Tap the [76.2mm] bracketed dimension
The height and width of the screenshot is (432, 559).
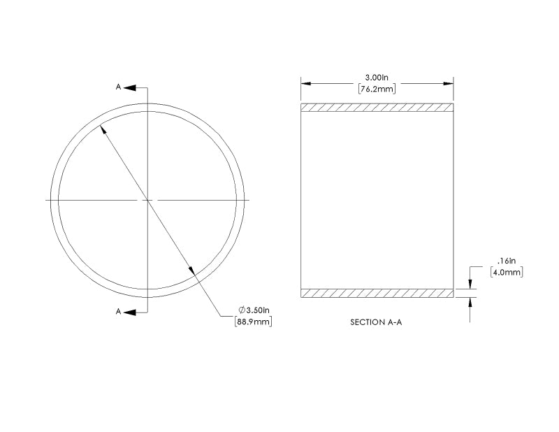click(377, 89)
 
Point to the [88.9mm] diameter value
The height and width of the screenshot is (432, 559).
click(252, 322)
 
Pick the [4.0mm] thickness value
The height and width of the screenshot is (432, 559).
click(507, 272)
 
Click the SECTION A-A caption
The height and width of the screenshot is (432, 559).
click(377, 324)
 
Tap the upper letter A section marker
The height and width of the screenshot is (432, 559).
click(119, 87)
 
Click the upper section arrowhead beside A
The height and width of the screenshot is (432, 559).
click(131, 87)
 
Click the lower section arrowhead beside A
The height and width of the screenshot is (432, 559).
click(131, 311)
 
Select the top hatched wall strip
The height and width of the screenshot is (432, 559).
click(377, 108)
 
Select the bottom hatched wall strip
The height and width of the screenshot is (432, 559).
click(377, 293)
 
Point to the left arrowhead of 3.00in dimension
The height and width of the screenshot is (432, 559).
click(306, 83)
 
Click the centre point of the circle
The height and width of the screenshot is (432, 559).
click(147, 200)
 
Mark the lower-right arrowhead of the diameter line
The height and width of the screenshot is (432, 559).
click(191, 271)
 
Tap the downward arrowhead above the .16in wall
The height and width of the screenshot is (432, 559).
click(470, 285)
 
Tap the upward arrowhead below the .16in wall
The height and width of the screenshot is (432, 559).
click(470, 302)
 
